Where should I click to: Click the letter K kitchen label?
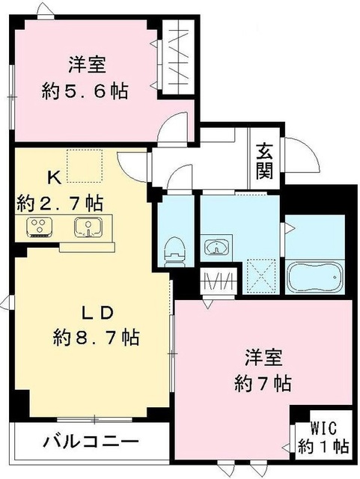tap(54, 178)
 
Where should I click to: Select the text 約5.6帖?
tap(84, 91)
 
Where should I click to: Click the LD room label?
tap(96, 310)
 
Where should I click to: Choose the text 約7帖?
tap(261, 383)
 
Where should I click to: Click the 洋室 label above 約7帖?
tap(262, 357)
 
